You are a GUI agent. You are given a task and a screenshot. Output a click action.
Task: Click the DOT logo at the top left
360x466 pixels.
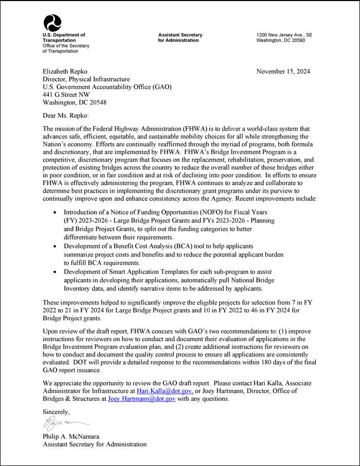(53, 22)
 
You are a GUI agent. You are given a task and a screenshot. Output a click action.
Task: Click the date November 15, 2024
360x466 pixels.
(283, 72)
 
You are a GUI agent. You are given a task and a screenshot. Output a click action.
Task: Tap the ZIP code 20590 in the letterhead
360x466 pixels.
(295, 41)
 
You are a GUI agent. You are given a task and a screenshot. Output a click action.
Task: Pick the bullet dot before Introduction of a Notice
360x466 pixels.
(56, 213)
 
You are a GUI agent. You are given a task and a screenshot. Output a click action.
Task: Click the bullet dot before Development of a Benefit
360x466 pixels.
(56, 245)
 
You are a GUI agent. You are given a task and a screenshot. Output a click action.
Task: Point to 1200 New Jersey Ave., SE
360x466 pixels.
(284, 35)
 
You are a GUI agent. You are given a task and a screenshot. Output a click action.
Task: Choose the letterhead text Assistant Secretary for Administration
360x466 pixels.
(181, 37)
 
